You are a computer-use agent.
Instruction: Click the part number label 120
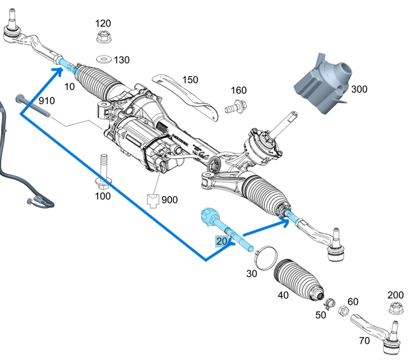(103, 23)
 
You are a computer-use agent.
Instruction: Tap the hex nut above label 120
(103, 37)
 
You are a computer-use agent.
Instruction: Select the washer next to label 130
(102, 59)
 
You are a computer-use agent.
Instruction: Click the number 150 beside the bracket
(189, 79)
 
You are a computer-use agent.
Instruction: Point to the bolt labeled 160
(232, 110)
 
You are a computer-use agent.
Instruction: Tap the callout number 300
(358, 89)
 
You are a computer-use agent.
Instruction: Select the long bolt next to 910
(33, 105)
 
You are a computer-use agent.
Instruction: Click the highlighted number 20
(222, 241)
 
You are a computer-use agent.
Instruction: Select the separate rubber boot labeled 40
(296, 279)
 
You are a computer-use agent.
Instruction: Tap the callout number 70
(364, 341)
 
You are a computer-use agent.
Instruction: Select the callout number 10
(70, 87)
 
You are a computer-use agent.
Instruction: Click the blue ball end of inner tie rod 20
(209, 215)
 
